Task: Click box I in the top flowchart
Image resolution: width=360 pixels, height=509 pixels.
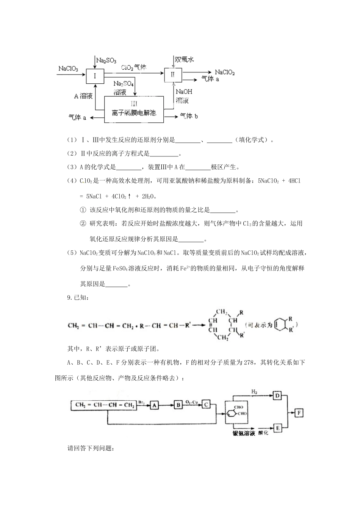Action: pyautogui.click(x=95, y=76)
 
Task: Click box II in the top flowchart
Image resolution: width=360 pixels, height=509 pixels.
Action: pyautogui.click(x=173, y=74)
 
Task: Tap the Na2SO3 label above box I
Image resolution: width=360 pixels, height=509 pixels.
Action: pyautogui.click(x=106, y=60)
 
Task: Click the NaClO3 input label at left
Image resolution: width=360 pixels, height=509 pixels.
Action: pyautogui.click(x=68, y=69)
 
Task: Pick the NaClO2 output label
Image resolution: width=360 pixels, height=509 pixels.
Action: pyautogui.click(x=225, y=72)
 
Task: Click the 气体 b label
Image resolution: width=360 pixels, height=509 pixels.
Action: pyautogui.click(x=189, y=116)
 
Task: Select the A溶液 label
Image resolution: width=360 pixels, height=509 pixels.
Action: pyautogui.click(x=83, y=96)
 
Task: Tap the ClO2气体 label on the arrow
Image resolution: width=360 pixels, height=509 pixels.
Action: pyautogui.click(x=134, y=67)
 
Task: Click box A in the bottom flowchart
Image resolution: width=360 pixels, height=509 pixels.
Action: pyautogui.click(x=154, y=405)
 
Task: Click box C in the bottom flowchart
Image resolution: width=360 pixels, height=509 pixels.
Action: pyautogui.click(x=206, y=404)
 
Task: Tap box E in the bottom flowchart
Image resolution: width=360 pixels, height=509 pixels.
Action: pyautogui.click(x=277, y=428)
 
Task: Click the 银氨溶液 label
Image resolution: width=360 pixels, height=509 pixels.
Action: pyautogui.click(x=244, y=433)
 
